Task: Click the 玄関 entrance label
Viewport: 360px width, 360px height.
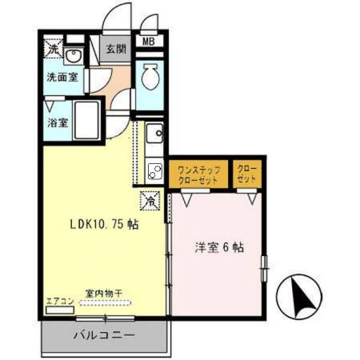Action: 116,49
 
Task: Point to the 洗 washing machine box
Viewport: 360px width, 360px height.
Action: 53,47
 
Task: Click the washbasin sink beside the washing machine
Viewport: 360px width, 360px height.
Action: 74,56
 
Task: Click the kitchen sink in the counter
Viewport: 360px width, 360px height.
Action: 154,133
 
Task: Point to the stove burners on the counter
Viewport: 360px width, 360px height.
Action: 155,169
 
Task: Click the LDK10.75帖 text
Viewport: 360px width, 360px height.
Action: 102,225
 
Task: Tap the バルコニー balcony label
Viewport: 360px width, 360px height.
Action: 106,335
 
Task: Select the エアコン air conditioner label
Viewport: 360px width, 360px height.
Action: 59,302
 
